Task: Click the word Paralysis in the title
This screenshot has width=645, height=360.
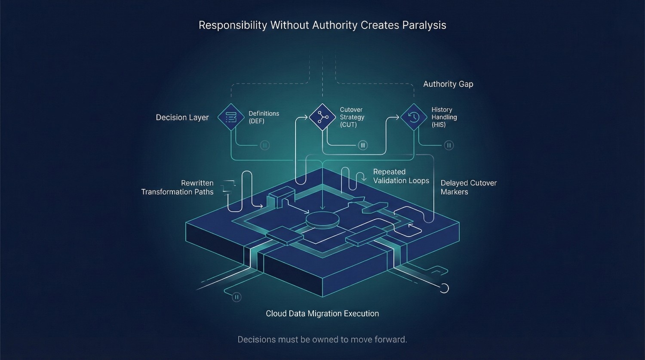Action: pos(424,25)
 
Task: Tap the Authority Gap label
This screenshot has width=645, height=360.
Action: pos(448,84)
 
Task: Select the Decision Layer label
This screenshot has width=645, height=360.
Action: pos(182,117)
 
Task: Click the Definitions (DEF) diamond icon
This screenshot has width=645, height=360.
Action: pos(231,117)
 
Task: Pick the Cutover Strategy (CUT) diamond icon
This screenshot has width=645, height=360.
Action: pos(322,117)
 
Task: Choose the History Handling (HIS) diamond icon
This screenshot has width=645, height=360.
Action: pos(414,117)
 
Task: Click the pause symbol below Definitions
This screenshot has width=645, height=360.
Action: pos(265,145)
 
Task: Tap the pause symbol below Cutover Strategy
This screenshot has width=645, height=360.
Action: pos(363,145)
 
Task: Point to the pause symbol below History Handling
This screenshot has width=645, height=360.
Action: pos(449,145)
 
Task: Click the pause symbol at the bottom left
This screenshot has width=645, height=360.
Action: pos(236,297)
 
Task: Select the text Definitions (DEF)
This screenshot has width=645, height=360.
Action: pos(264,117)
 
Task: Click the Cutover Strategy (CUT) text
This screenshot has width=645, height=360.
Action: pos(352,117)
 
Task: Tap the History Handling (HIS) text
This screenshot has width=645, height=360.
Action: pos(444,117)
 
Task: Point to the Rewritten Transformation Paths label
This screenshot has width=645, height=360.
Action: pos(178,188)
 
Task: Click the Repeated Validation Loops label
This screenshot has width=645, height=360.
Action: pos(401,176)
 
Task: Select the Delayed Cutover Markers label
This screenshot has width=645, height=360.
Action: pos(468,187)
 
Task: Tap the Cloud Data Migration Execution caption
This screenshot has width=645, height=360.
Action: pos(322,314)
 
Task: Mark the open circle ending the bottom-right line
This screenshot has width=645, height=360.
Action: pos(444,288)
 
